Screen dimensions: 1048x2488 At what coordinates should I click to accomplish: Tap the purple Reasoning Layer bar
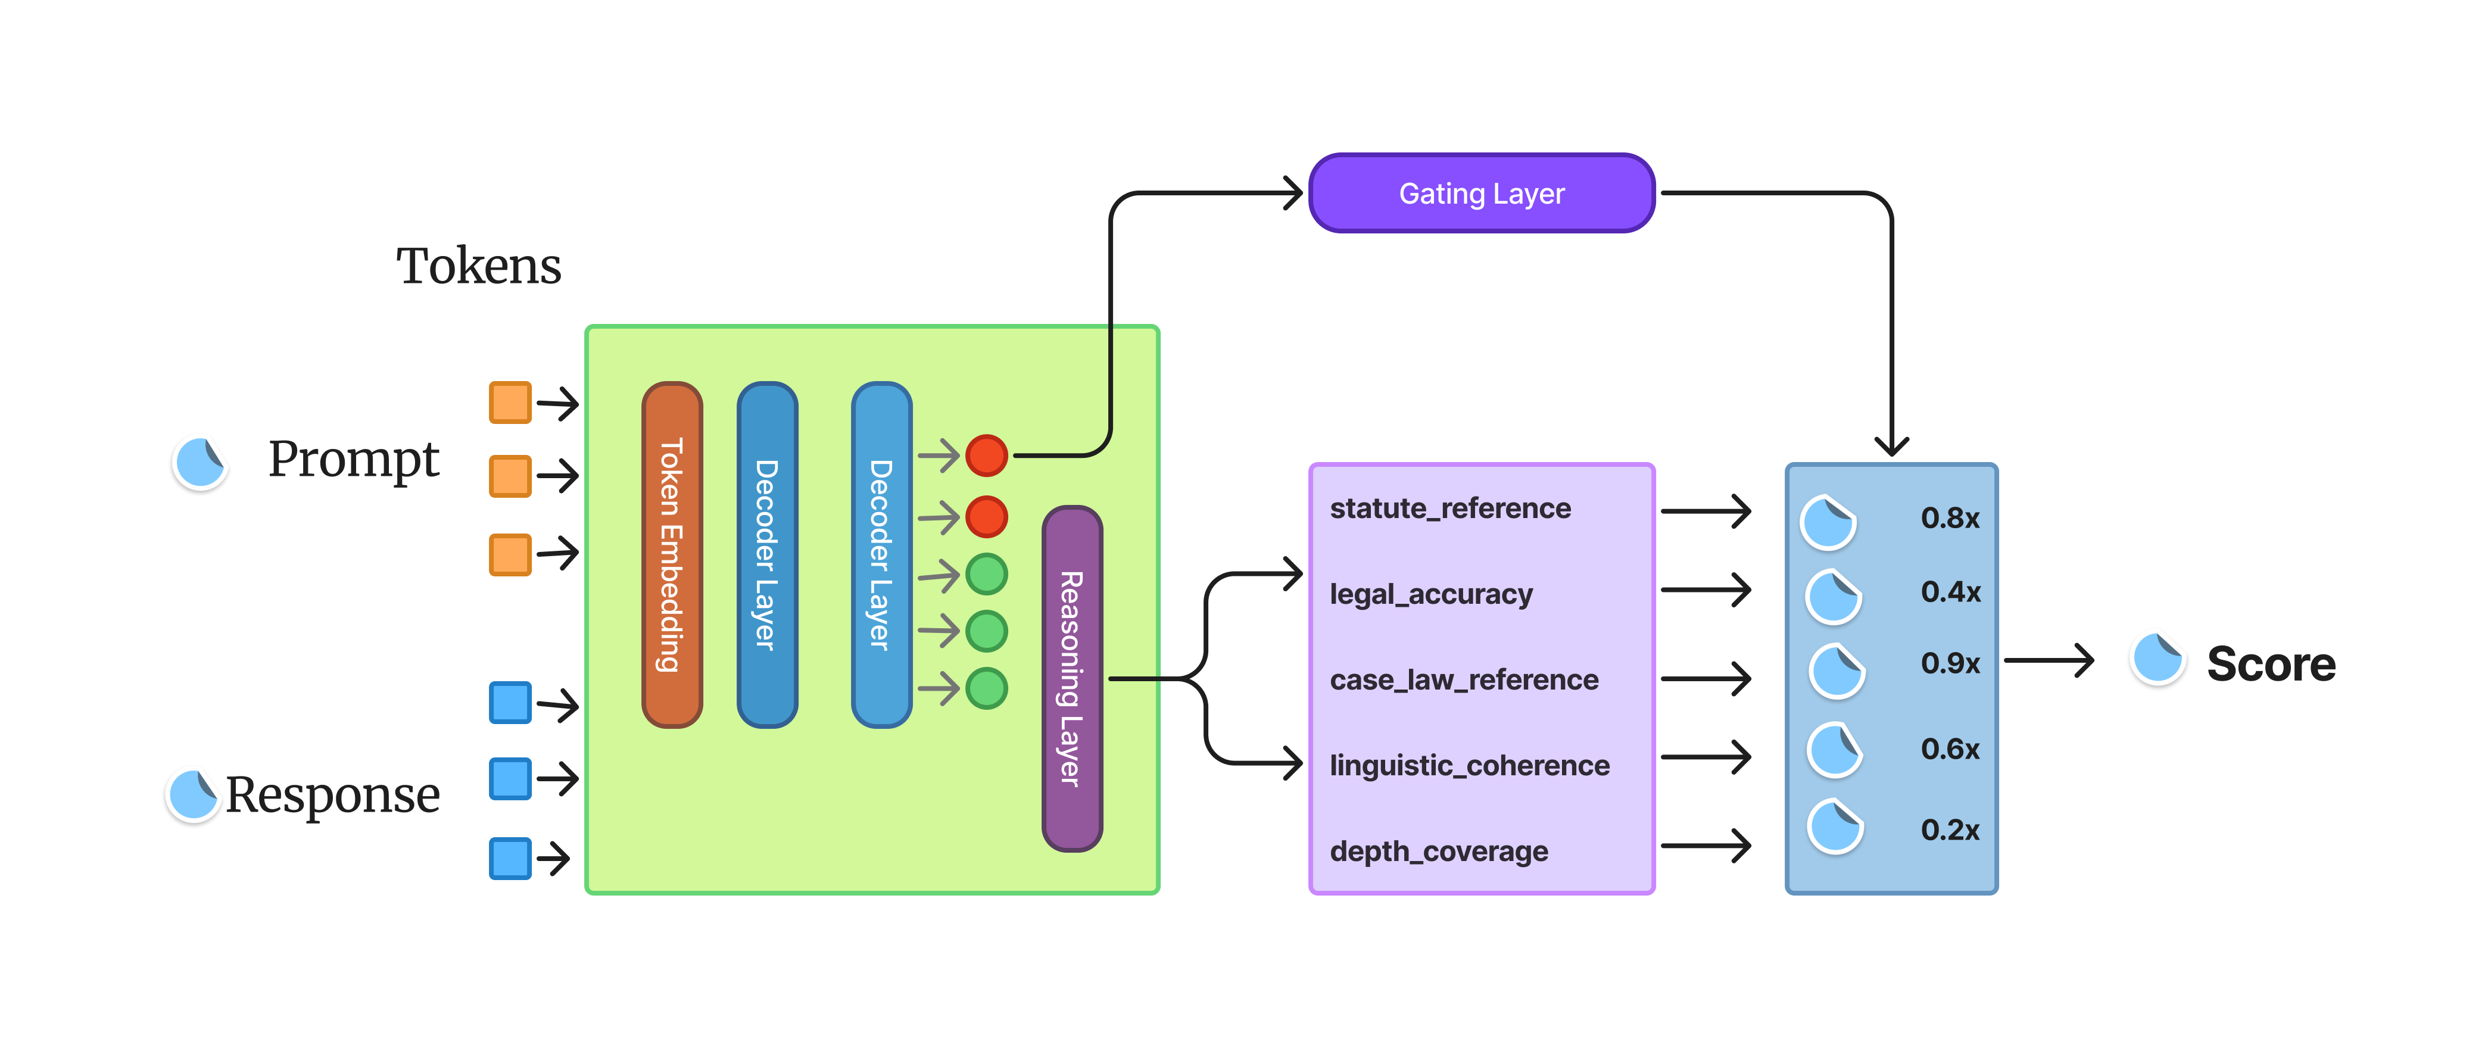1071,678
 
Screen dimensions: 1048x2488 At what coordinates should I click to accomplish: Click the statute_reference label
1449,508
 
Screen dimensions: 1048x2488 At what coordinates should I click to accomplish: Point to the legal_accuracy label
1430,594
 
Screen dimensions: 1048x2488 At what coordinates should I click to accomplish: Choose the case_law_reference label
1463,680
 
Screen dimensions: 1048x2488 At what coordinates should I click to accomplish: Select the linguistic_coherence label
1469,766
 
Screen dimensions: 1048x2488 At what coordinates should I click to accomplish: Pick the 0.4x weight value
1950,592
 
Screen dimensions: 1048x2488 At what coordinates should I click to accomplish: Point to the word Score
2271,665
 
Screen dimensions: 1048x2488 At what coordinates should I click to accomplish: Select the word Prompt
354,459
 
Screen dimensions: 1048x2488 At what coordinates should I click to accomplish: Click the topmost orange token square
510,403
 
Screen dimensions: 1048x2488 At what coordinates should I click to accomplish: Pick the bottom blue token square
510,857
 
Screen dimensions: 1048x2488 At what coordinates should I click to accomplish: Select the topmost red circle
986,455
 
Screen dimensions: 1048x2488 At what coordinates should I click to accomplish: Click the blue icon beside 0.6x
1834,750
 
